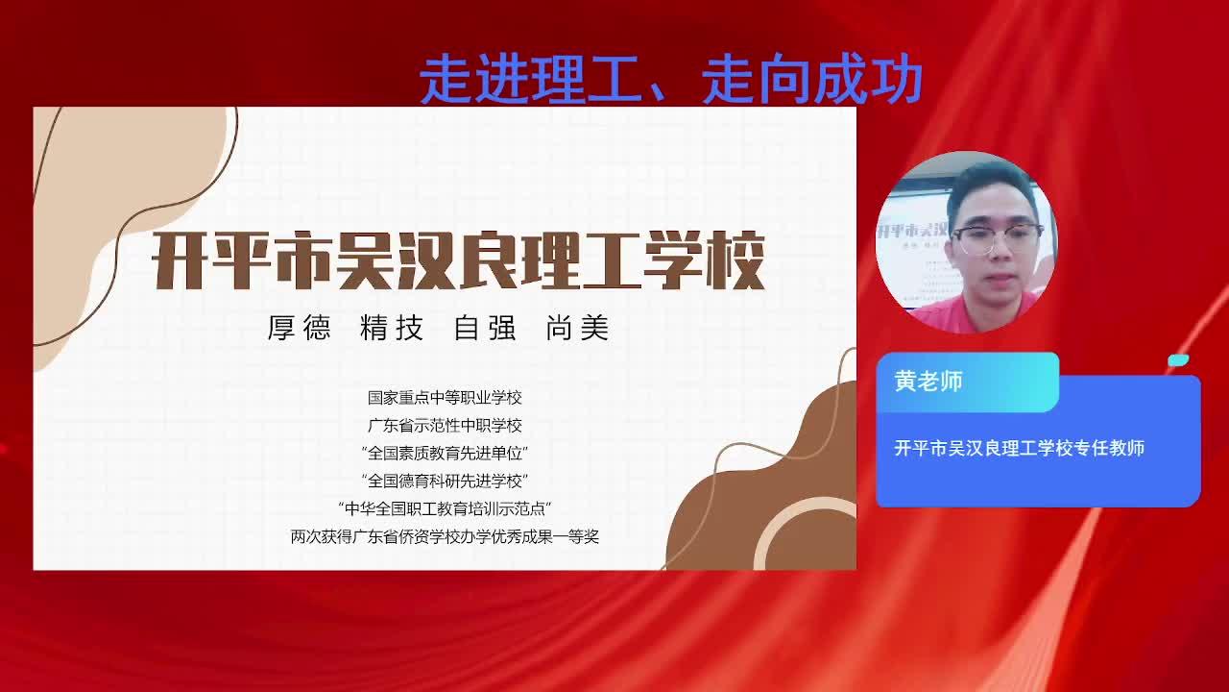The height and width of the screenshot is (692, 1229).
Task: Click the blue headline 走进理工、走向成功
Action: [x=670, y=79]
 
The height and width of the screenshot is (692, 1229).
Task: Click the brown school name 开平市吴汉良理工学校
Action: [x=458, y=260]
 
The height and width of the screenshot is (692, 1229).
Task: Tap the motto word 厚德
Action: [x=299, y=328]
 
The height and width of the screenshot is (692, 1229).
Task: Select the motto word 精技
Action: [x=392, y=328]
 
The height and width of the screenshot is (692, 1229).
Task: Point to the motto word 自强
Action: [x=485, y=328]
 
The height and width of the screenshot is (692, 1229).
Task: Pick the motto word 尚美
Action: [x=578, y=328]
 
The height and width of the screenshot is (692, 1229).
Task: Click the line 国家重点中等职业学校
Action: [x=445, y=398]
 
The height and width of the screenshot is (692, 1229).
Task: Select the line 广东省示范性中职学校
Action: [x=445, y=426]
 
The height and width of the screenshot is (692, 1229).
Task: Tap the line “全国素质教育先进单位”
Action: [x=445, y=453]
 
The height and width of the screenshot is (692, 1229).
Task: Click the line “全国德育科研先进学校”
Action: [x=445, y=482]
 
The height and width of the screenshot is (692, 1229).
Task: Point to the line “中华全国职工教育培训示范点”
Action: [x=445, y=508]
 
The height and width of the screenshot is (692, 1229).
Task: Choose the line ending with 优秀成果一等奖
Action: [x=445, y=536]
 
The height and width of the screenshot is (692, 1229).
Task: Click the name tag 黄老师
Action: [x=928, y=382]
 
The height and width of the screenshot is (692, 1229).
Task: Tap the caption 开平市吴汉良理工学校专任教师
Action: [x=1020, y=448]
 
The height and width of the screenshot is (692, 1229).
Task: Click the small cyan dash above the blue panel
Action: [x=1178, y=360]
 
